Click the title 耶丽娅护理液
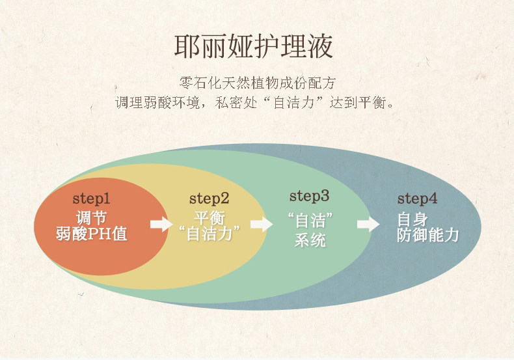click(253, 46)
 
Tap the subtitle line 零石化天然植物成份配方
click(258, 83)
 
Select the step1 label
click(91, 199)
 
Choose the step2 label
click(209, 199)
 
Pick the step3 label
click(309, 196)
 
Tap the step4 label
click(417, 199)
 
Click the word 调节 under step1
click(92, 217)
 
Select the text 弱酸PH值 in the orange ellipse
click(92, 234)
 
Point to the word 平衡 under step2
click(209, 217)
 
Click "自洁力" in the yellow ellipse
click(209, 234)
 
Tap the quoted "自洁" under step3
click(310, 220)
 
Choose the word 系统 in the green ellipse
click(310, 240)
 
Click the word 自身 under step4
click(413, 219)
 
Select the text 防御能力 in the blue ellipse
click(427, 235)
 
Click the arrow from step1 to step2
click(161, 224)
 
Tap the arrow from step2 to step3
click(262, 224)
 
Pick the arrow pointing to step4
click(368, 224)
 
